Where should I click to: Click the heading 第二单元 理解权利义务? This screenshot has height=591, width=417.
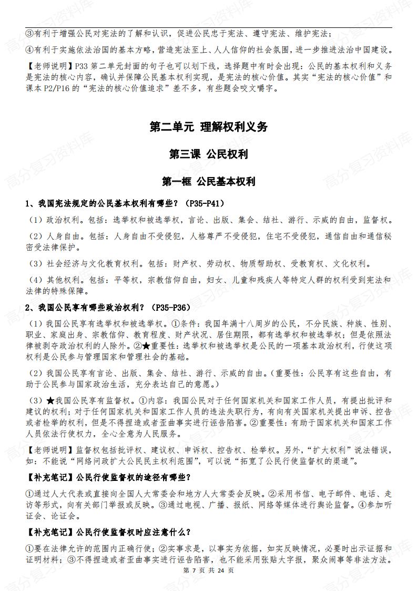coord(208,126)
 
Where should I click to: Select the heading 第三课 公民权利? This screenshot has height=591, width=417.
coord(208,154)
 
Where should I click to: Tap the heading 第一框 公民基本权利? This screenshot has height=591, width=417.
coord(208,182)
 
